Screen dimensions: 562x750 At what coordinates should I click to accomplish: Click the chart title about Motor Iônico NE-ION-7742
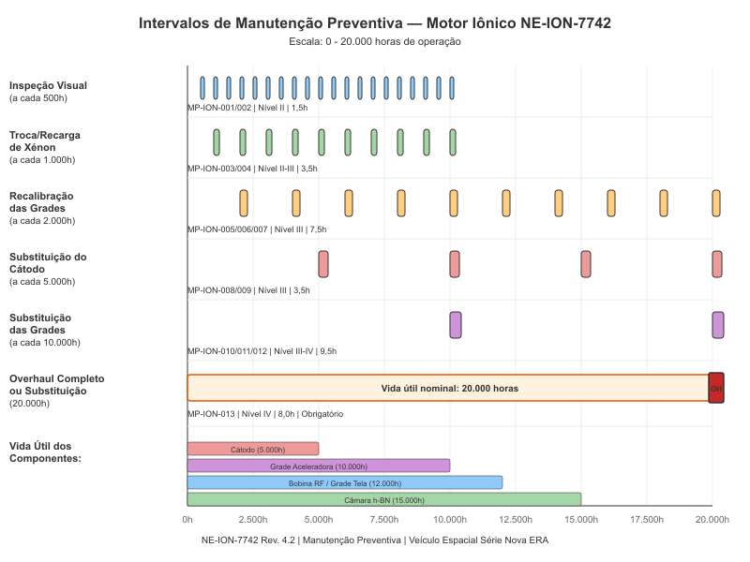tap(375, 22)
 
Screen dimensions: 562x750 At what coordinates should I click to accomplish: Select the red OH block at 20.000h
tap(716, 388)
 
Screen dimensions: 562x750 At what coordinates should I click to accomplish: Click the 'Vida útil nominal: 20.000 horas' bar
tap(448, 388)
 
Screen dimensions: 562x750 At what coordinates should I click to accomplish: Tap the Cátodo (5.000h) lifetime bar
tap(253, 450)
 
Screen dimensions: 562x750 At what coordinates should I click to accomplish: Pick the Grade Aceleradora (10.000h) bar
tap(319, 466)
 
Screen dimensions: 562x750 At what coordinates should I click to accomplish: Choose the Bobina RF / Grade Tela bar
tap(345, 482)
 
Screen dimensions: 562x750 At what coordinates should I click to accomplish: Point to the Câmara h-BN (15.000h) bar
tap(384, 499)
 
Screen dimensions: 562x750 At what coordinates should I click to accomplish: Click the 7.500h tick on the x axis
tap(384, 518)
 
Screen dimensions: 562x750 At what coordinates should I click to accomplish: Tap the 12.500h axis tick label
tap(516, 518)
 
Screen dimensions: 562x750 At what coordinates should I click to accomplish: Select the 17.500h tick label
tap(647, 518)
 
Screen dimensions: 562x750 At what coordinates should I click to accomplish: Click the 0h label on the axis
tap(187, 518)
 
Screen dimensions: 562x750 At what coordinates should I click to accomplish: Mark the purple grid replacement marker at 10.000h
tap(456, 324)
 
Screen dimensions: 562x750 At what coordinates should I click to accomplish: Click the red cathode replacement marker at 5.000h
tap(323, 264)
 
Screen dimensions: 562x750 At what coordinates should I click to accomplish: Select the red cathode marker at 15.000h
tap(586, 264)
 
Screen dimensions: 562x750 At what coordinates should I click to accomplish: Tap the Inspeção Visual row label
tap(48, 91)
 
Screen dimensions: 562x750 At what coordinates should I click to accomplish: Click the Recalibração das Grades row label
tap(46, 209)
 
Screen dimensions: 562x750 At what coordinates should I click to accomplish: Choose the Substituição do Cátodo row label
tap(48, 268)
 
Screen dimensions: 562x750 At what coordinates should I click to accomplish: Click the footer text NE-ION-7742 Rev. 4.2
tap(375, 540)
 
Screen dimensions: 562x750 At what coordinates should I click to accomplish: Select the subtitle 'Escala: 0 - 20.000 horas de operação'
tap(375, 41)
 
